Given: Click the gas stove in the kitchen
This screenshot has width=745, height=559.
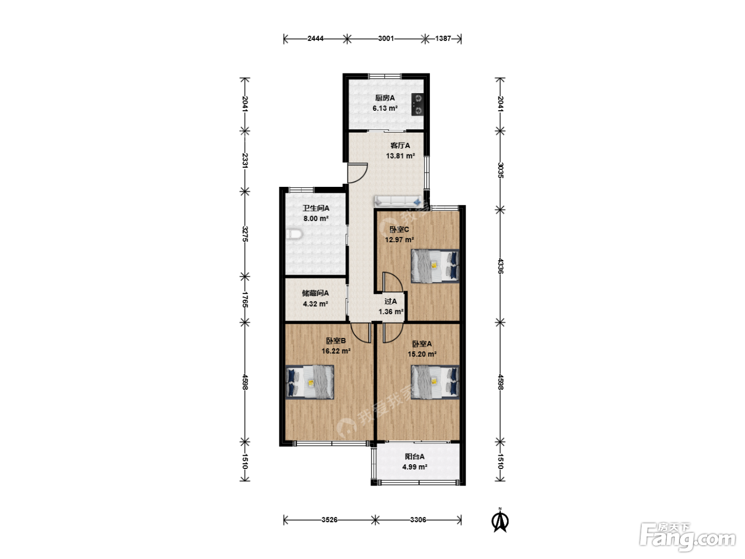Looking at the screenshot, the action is (418, 104).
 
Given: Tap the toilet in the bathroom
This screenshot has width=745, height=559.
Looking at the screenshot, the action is (294, 234).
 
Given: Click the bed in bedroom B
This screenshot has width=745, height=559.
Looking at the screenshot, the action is (310, 382).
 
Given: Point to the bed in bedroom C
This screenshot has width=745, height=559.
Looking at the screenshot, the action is (435, 266).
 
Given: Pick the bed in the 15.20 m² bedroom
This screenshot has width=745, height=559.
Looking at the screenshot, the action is (435, 382).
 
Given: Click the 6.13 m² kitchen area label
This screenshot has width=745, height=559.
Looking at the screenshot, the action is (385, 108).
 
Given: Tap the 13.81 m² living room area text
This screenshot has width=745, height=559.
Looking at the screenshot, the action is (400, 156).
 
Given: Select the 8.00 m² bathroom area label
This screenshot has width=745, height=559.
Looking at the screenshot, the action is (316, 218).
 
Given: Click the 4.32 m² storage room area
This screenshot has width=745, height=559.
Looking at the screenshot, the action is (316, 304).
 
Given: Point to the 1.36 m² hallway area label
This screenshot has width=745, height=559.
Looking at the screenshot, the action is (391, 311).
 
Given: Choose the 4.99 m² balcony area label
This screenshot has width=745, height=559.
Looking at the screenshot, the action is (415, 467).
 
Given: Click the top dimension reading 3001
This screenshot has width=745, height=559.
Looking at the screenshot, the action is (386, 39).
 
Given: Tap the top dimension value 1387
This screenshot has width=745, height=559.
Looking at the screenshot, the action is (443, 39).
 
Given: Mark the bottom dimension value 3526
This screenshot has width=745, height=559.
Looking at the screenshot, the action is (329, 520).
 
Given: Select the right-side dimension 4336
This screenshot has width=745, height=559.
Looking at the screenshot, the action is (500, 266).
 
